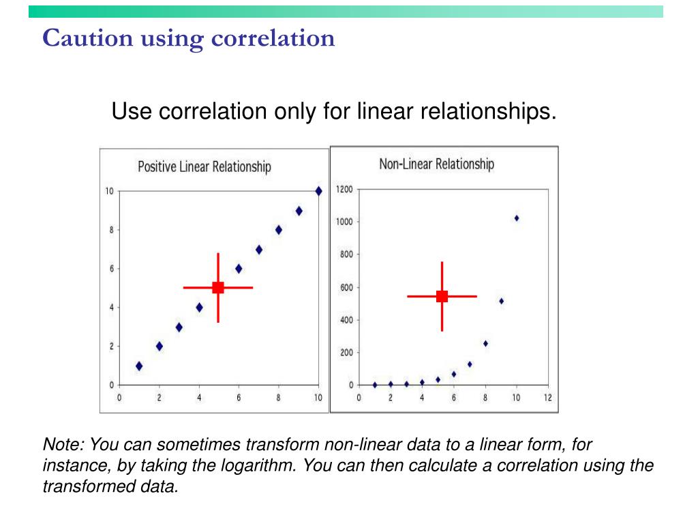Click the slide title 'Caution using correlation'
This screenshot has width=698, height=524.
[189, 38]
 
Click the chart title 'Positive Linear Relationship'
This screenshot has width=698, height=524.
[204, 166]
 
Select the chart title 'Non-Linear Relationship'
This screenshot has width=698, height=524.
[436, 164]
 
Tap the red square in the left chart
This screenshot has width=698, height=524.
[218, 288]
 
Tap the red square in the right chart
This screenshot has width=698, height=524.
[442, 296]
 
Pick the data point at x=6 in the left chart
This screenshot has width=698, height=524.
[239, 269]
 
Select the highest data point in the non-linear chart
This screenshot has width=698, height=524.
[517, 218]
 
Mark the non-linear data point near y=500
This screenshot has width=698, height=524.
[501, 301]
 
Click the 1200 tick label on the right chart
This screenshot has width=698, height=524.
[344, 190]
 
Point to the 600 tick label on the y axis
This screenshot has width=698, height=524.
[346, 287]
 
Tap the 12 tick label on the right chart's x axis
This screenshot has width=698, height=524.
[548, 398]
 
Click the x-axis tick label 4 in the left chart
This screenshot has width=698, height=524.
[199, 398]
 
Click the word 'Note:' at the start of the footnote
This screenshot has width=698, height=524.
[63, 446]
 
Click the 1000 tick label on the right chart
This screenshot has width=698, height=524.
[344, 222]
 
